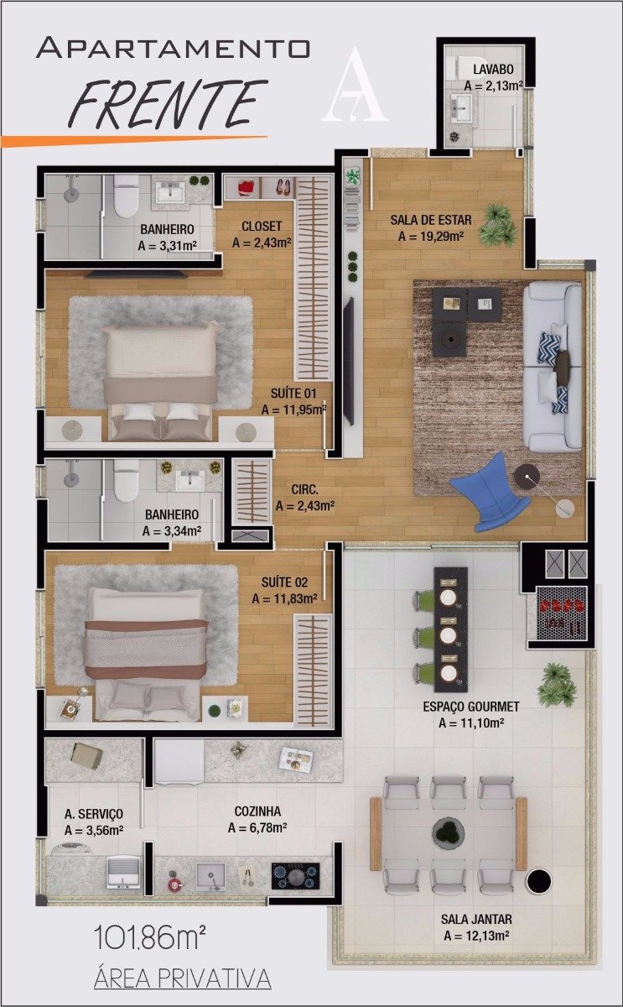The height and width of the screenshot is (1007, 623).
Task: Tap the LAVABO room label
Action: coord(493,69)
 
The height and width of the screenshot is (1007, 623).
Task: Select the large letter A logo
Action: coord(356,86)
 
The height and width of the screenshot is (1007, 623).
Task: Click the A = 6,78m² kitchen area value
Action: coord(257,828)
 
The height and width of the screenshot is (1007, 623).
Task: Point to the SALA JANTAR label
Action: coord(476,919)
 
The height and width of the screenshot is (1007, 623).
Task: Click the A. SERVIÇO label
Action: coord(94,813)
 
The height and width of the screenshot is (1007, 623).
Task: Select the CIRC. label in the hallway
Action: coord(304,488)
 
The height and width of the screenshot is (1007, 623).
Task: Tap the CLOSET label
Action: coord(261,226)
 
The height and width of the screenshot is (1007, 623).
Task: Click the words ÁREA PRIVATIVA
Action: coord(182,978)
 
